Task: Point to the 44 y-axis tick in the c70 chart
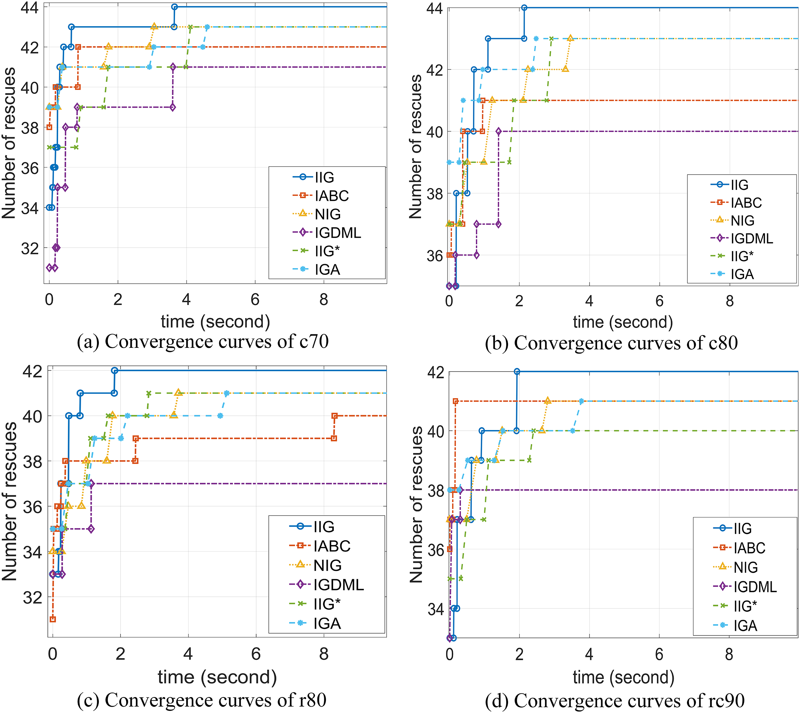[x=30, y=7]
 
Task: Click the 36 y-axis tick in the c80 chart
[x=434, y=256]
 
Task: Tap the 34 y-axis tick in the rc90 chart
[x=435, y=610]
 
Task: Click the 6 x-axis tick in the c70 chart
[x=255, y=300]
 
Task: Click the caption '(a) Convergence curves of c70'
[x=203, y=341]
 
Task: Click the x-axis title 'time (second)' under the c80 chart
[x=623, y=322]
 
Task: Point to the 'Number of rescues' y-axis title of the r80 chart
[x=10, y=502]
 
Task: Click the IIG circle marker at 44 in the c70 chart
[x=174, y=7]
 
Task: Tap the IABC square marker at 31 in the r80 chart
[x=52, y=619]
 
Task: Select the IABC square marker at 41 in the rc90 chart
[x=455, y=401]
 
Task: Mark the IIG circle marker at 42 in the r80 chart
[x=114, y=370]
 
